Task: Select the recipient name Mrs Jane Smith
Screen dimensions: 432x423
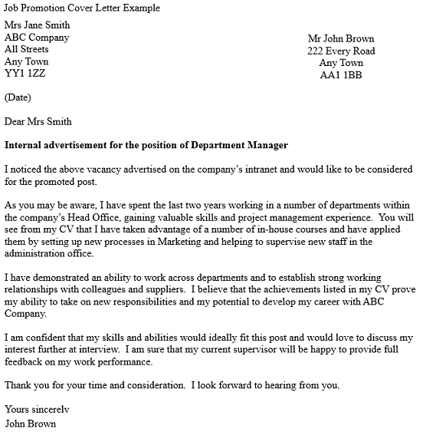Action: [42, 25]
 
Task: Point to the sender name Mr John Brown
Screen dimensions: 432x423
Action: [341, 38]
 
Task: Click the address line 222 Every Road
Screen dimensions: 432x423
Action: [341, 51]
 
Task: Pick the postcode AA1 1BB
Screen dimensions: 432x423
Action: [341, 75]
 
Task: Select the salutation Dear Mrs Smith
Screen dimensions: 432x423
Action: [38, 120]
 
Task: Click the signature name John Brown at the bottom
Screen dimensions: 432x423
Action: [30, 423]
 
